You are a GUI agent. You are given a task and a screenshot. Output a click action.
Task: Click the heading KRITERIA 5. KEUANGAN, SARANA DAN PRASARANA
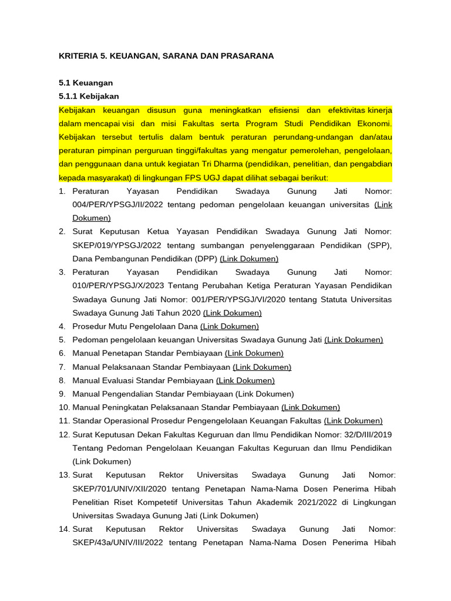pos(166,56)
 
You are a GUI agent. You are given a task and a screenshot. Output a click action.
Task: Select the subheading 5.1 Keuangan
pos(86,83)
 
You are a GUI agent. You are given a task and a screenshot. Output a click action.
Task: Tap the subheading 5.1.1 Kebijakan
pos(89,96)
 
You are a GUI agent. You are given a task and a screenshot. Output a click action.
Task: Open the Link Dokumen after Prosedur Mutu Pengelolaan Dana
pos(229,326)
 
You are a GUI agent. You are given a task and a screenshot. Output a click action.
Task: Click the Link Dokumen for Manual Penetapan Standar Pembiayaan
pos(254,353)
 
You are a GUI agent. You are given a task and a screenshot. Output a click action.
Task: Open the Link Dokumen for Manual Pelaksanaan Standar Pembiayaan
pos(262,367)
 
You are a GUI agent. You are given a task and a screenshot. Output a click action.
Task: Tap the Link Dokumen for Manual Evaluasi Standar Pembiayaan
pos(245,380)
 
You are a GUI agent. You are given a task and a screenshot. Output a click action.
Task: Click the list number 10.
pos(64,407)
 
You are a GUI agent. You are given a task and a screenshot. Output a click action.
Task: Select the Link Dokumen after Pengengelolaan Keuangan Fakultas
pos(353,421)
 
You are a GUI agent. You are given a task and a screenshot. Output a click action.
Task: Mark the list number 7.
pos(62,367)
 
